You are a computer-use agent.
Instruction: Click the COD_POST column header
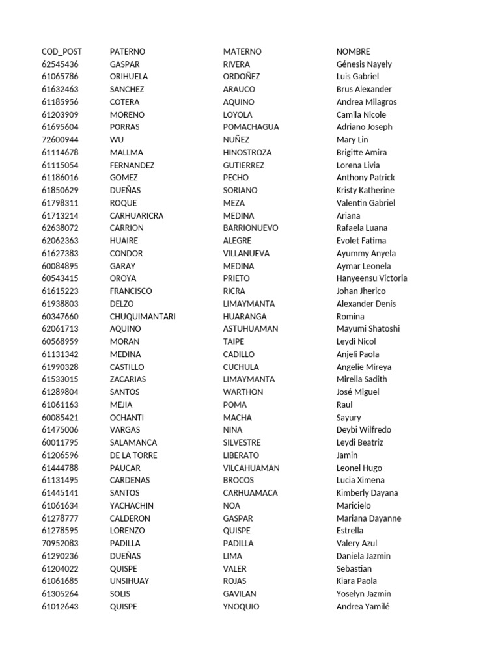tap(62, 51)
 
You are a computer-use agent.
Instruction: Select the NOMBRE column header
tap(353, 51)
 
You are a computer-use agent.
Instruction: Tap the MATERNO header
tap(242, 51)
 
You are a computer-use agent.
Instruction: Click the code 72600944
tap(60, 140)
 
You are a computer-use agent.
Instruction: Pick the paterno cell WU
tap(117, 140)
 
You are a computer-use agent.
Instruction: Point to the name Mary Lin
tap(352, 140)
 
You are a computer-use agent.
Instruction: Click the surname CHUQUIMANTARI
tap(143, 317)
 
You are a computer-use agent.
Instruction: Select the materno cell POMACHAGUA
tap(251, 127)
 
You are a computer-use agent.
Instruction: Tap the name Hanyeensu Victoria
tap(372, 278)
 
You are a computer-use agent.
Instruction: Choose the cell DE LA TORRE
tap(133, 455)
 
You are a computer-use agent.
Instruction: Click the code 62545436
tap(60, 64)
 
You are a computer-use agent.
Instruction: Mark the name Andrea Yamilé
tap(363, 607)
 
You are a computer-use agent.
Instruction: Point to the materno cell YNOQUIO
tap(241, 607)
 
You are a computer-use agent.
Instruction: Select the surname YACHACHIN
tap(132, 506)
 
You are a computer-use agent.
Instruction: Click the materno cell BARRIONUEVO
tap(251, 228)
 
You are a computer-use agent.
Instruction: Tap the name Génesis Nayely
tap(364, 64)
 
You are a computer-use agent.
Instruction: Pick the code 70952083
tap(60, 544)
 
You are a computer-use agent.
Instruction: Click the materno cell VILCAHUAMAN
tap(251, 468)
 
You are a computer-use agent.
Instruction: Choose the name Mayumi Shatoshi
tap(368, 329)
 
